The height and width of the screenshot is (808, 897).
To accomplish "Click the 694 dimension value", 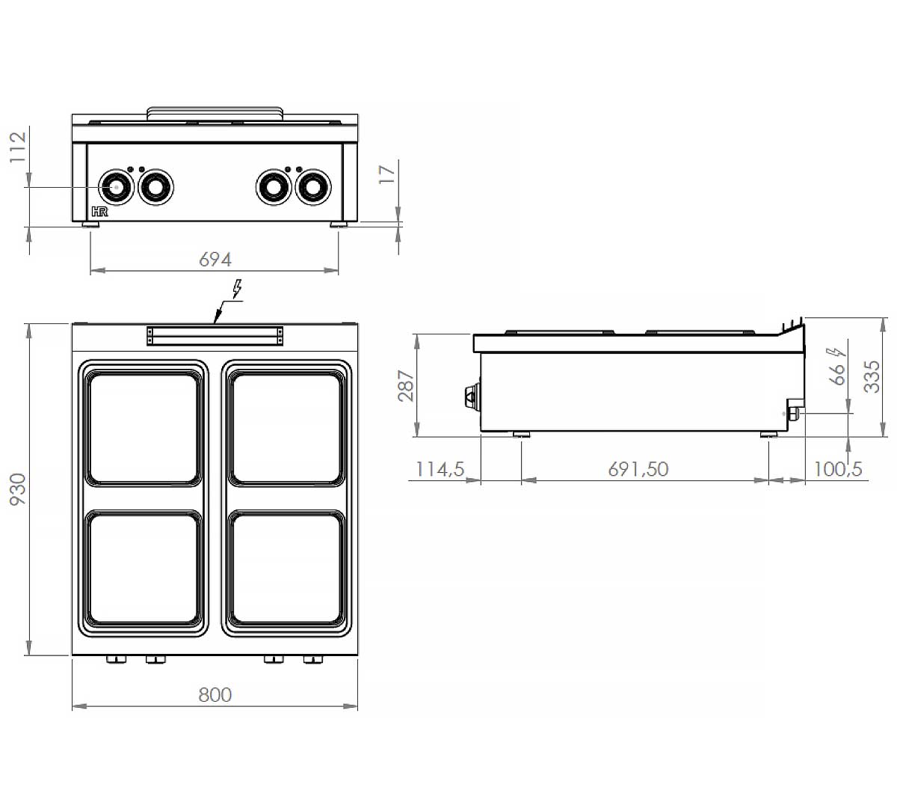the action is [x=215, y=260].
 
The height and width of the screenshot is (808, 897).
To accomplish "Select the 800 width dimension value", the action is [x=215, y=695].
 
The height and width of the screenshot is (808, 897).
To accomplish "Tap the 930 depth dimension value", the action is [x=19, y=489].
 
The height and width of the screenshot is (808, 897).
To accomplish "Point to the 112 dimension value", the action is [x=19, y=147].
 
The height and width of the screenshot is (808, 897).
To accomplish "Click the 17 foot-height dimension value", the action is [x=387, y=174].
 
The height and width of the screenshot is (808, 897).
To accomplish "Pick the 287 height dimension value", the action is [x=407, y=386].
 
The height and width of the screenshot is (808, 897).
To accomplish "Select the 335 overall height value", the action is [x=872, y=377].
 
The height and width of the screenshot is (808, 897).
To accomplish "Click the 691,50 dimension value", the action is [x=638, y=469].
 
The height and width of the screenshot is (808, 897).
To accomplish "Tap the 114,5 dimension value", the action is [x=440, y=469].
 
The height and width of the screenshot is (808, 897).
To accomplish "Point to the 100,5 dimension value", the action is [x=837, y=469].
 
